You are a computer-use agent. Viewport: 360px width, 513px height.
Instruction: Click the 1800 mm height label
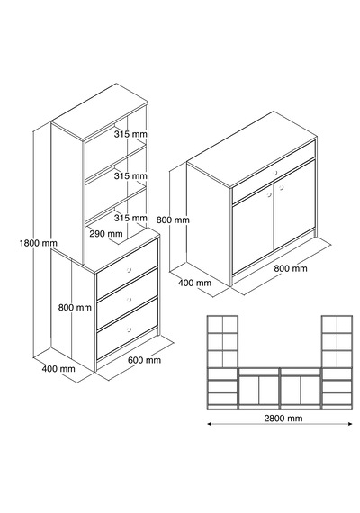(x=39, y=243)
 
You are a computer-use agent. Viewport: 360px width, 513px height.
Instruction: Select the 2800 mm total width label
(x=283, y=418)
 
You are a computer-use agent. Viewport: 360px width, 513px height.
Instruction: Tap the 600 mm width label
(x=144, y=360)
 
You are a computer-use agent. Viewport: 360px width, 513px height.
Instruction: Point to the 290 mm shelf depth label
(x=106, y=234)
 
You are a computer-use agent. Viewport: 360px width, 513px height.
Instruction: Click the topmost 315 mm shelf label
(x=130, y=134)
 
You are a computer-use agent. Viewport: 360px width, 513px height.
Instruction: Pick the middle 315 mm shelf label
(x=130, y=175)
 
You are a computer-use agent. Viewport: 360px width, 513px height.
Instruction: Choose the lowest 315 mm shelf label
(x=130, y=218)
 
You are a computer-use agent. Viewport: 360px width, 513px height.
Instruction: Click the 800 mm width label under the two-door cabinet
(x=291, y=268)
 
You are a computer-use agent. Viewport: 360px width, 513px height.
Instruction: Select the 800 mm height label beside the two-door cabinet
(x=173, y=220)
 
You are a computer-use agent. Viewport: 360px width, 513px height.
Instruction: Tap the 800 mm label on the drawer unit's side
(x=75, y=307)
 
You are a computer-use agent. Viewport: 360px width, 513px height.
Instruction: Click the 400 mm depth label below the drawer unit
(x=58, y=369)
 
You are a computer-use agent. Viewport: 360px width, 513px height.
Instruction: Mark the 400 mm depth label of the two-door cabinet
(x=194, y=283)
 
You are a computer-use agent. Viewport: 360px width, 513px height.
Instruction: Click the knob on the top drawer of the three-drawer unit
(x=129, y=270)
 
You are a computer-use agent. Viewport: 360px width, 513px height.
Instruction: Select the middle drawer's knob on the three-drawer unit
(x=129, y=300)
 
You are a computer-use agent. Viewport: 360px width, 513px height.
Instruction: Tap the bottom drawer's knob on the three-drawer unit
(x=129, y=329)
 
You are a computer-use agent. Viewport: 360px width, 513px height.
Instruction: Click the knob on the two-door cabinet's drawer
(x=275, y=173)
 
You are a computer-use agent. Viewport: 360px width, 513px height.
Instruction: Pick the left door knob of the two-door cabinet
(x=269, y=194)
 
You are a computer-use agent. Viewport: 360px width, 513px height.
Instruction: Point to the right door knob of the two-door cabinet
(x=281, y=187)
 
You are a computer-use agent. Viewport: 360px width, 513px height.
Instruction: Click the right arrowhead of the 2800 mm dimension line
(x=350, y=424)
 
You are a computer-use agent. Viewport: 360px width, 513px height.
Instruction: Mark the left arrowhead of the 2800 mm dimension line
(x=210, y=424)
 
